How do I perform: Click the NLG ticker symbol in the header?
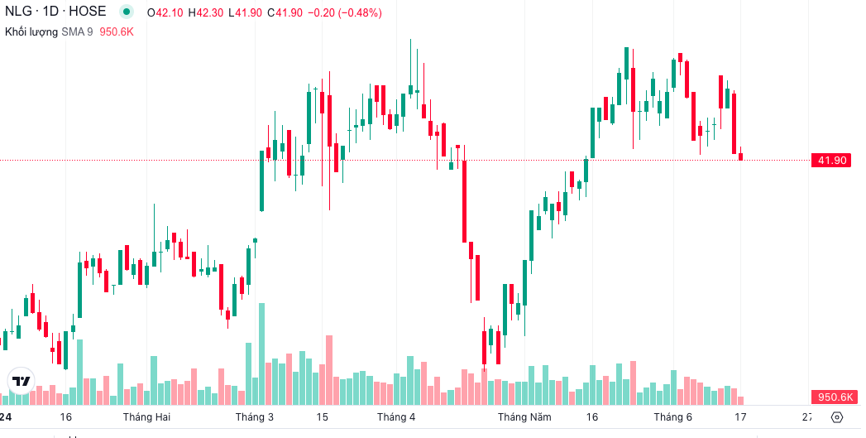(19, 12)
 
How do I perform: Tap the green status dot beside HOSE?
(126, 12)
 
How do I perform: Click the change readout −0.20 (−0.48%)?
(344, 12)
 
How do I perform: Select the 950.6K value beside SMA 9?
(117, 31)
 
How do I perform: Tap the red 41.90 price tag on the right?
(831, 160)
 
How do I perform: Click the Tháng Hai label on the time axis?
(146, 416)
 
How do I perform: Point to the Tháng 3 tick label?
(254, 416)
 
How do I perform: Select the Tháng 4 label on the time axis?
(395, 416)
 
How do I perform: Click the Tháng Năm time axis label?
(524, 416)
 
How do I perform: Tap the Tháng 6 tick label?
(672, 416)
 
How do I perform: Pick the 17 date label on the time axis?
(740, 416)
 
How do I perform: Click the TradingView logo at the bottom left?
(21, 381)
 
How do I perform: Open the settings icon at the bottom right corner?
(837, 416)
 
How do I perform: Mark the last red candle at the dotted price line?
(741, 156)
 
